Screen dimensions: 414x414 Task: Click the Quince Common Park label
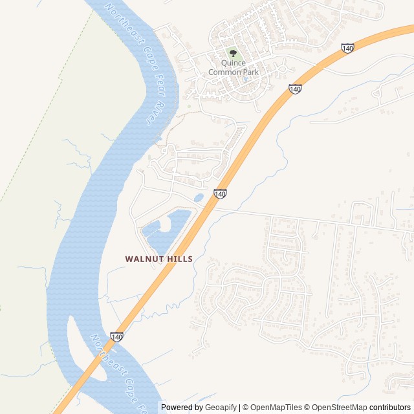point(233,67)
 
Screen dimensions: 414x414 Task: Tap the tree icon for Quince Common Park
point(233,54)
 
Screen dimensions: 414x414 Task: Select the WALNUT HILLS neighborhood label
point(158,259)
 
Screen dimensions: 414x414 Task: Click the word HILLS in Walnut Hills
point(179,259)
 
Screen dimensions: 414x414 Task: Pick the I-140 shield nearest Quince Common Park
point(295,89)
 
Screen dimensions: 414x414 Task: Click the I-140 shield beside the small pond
point(220,193)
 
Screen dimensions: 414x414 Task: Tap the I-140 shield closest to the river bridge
point(116,337)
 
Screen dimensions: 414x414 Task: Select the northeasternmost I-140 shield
point(347,48)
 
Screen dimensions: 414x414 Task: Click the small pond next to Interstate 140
point(199,197)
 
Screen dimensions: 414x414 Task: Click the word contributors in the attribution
point(391,408)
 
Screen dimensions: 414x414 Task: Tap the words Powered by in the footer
point(182,408)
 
